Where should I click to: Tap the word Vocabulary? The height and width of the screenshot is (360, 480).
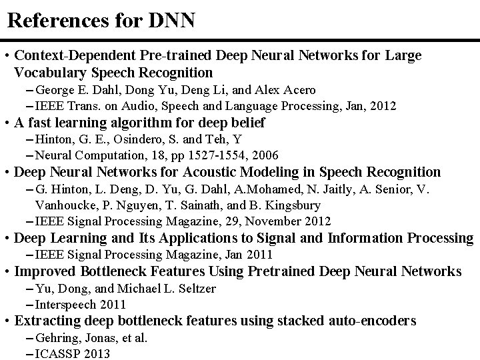coord(51,73)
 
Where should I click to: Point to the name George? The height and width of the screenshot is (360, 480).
coord(55,90)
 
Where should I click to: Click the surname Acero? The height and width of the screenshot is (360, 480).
coord(298,90)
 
